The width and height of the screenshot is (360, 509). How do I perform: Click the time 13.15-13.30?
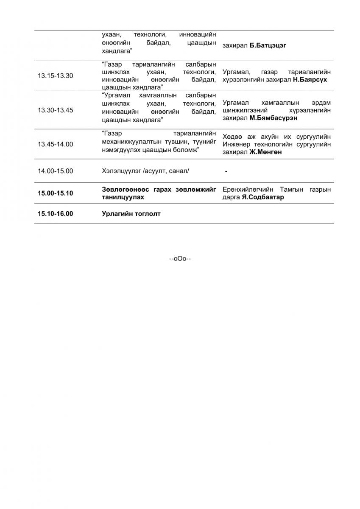coord(55,76)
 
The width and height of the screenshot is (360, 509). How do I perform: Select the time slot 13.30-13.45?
coord(55,110)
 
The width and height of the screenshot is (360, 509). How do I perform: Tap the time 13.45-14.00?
coord(55,144)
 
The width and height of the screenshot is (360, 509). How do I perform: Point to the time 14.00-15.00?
coord(55,171)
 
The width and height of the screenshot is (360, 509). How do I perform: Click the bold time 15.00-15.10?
coord(55,193)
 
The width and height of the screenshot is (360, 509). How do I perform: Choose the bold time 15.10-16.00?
coord(55,214)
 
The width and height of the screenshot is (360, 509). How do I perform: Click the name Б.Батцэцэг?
coord(268,45)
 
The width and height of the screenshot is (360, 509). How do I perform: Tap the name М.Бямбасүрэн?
coord(273,118)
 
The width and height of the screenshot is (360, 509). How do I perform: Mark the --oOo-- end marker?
coord(180,258)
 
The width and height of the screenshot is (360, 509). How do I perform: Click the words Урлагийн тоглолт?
coord(131,214)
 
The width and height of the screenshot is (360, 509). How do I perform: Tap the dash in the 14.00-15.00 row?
coord(226,171)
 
